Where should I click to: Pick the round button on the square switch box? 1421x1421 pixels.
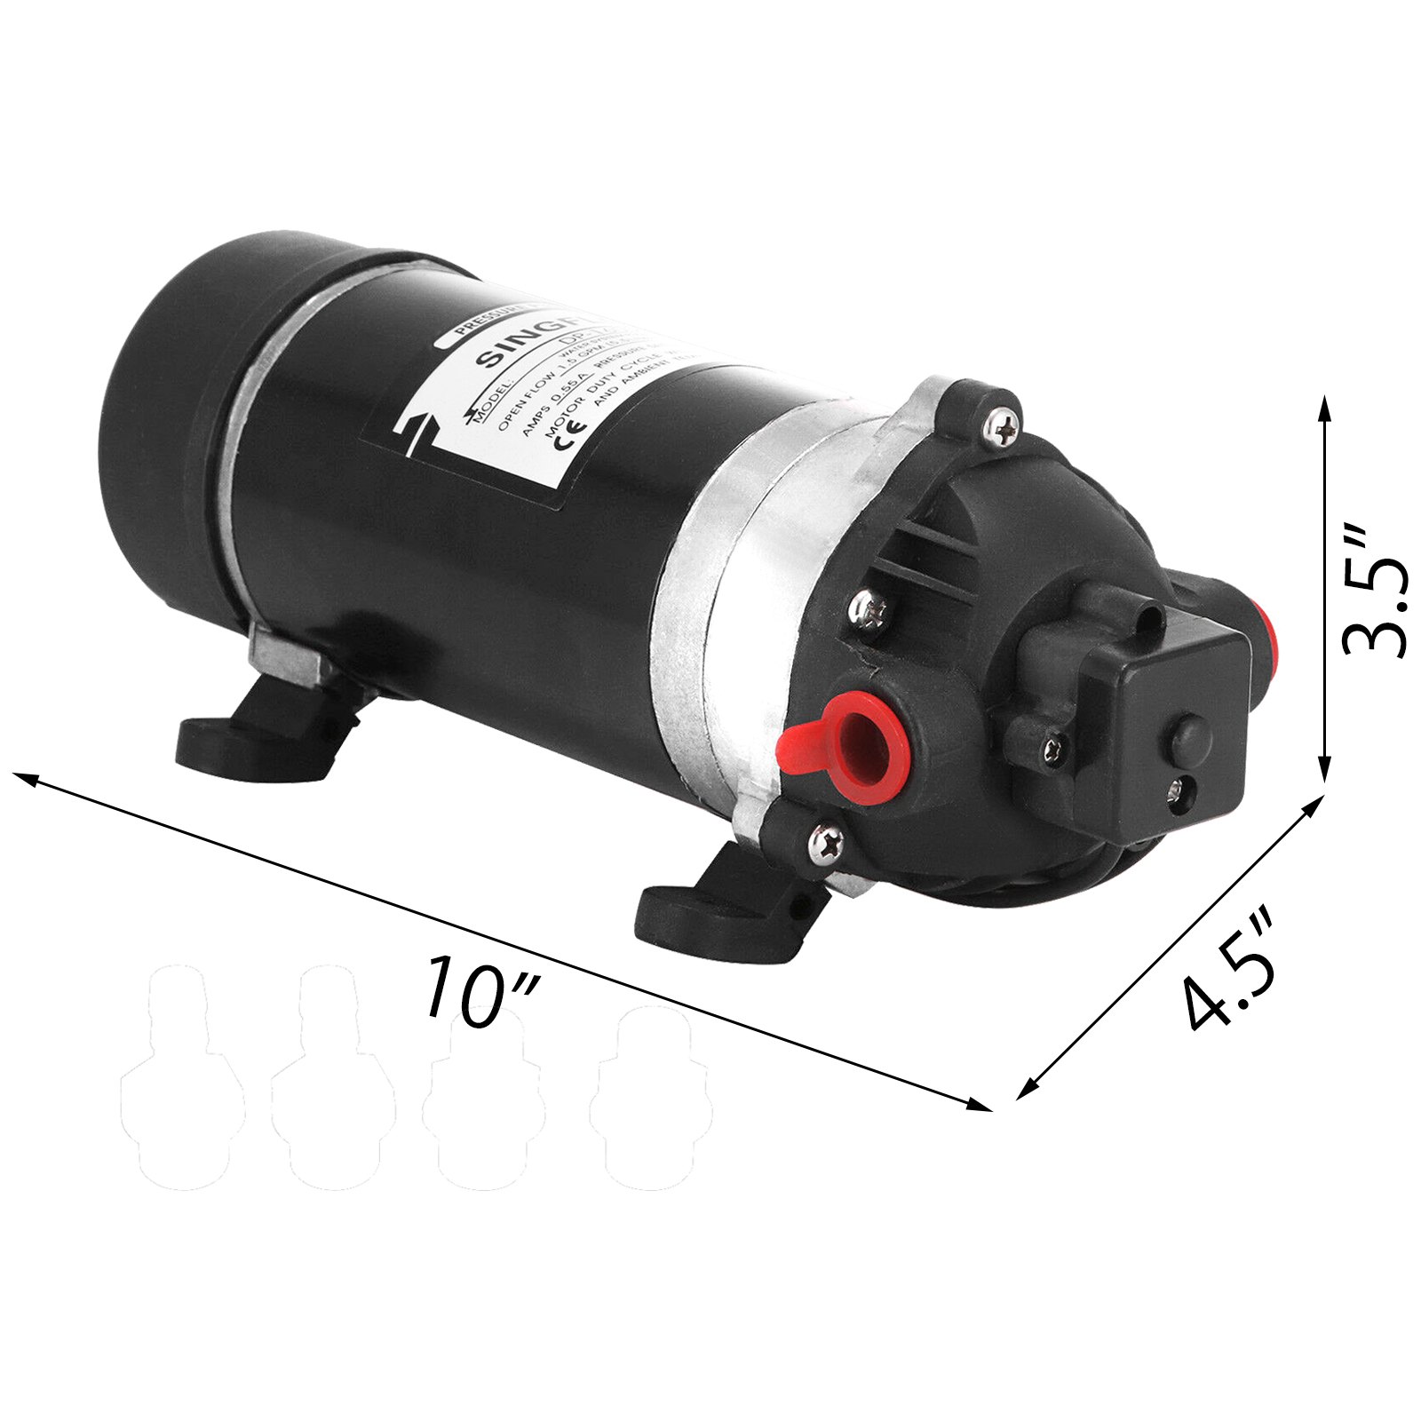1190,735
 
